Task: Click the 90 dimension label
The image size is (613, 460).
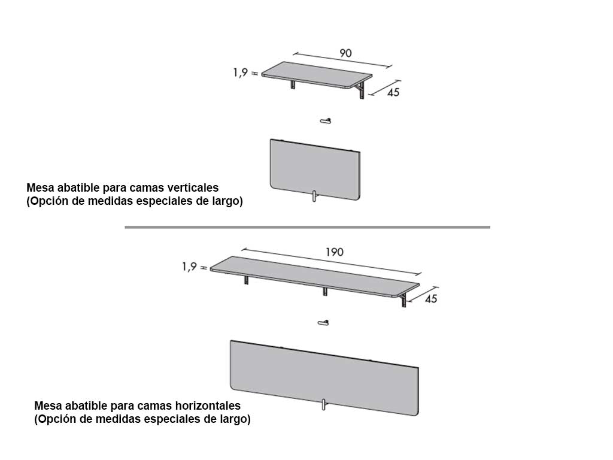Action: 345,53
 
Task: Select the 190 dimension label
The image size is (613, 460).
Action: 335,252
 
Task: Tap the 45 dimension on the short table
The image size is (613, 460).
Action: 393,92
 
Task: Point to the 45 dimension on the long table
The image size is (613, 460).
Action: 431,299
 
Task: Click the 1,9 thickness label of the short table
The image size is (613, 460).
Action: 241,72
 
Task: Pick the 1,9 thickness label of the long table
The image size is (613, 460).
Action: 189,267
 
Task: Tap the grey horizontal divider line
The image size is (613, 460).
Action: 307,227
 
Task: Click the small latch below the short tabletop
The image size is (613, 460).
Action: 326,121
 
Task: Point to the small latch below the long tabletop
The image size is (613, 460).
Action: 323,323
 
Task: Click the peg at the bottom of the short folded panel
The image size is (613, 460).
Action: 314,196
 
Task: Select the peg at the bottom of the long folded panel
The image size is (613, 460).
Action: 324,404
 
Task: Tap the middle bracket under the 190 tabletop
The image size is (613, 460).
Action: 325,292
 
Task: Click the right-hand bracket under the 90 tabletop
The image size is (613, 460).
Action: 362,90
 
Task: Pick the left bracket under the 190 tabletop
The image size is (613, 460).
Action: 246,280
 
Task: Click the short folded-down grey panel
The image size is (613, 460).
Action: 315,170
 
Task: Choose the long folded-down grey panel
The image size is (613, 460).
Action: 324,378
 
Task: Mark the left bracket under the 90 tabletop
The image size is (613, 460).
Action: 293,84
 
